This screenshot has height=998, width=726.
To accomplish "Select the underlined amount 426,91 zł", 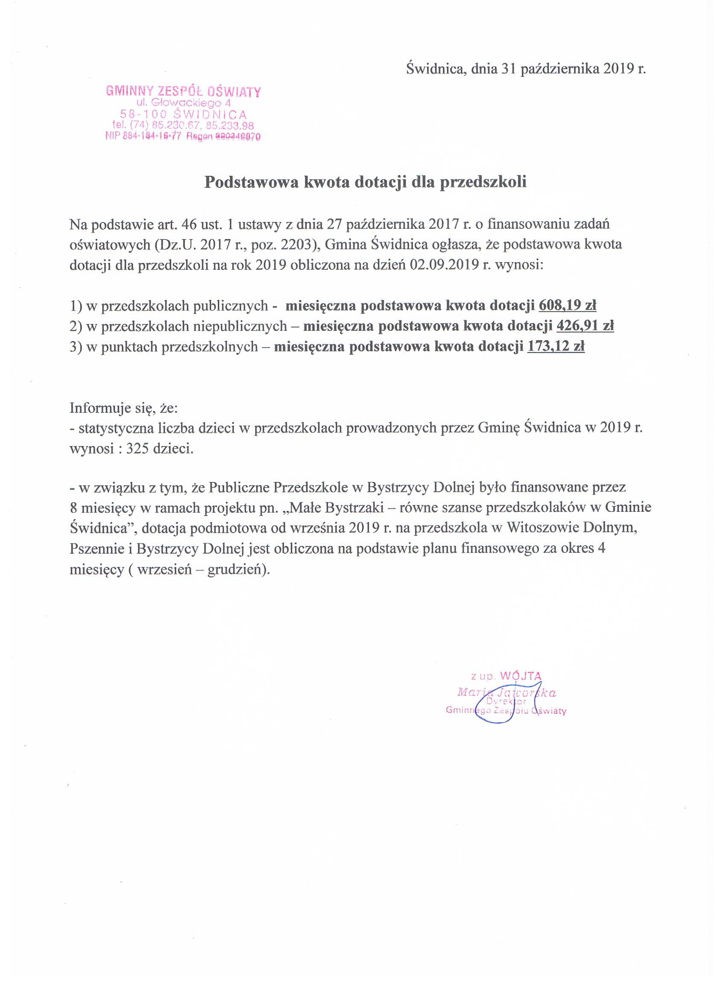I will coord(585,326).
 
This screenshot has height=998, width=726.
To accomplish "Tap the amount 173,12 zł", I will coord(556,347).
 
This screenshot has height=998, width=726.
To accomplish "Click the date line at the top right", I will coord(526,69).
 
